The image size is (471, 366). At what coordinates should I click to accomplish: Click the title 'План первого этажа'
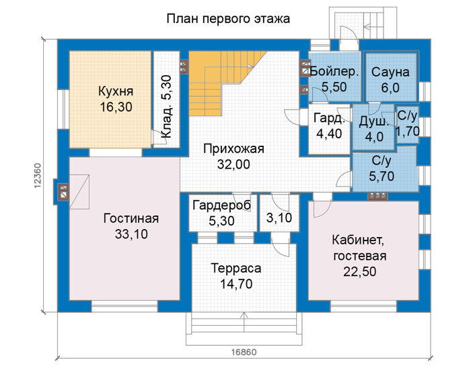228,19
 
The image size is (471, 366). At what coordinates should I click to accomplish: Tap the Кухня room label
116,91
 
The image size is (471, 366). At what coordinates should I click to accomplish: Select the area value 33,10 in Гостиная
131,234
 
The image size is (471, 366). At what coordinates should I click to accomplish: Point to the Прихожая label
233,148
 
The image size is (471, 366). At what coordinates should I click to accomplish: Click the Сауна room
390,77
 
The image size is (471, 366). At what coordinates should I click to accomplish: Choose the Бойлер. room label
334,72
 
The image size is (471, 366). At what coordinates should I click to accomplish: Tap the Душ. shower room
373,127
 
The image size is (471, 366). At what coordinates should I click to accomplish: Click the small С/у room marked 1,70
407,126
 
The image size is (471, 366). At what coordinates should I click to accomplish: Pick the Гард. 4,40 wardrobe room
329,129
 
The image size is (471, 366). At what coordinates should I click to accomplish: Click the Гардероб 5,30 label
221,213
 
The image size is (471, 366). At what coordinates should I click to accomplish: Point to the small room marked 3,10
279,213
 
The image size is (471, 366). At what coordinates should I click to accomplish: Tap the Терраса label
236,268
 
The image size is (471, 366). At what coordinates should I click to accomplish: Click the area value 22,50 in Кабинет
360,271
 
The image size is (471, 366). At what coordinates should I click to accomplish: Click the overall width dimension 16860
244,352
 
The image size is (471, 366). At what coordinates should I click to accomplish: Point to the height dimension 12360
38,176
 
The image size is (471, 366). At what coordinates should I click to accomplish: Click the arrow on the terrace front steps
244,322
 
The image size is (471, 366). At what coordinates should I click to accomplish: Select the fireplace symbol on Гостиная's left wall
64,192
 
